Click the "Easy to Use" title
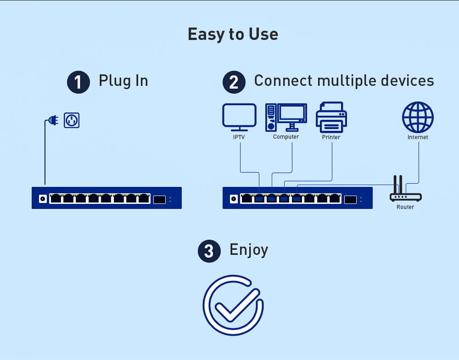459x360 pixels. [233, 34]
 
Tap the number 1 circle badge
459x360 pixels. [78, 82]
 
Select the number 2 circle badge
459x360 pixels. [234, 82]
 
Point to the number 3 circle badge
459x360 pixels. [209, 251]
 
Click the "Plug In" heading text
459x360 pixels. [123, 81]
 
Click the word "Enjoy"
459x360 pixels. [248, 250]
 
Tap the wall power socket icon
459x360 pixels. [72, 120]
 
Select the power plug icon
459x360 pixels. [53, 121]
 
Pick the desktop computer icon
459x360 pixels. [285, 117]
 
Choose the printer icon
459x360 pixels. [331, 117]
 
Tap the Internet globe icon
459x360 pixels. [418, 117]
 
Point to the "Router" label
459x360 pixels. [405, 207]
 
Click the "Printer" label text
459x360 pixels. [331, 137]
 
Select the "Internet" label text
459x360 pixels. [418, 137]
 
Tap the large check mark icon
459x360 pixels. [233, 305]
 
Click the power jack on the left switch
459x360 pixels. [43, 198]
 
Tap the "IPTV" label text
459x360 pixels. [239, 137]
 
